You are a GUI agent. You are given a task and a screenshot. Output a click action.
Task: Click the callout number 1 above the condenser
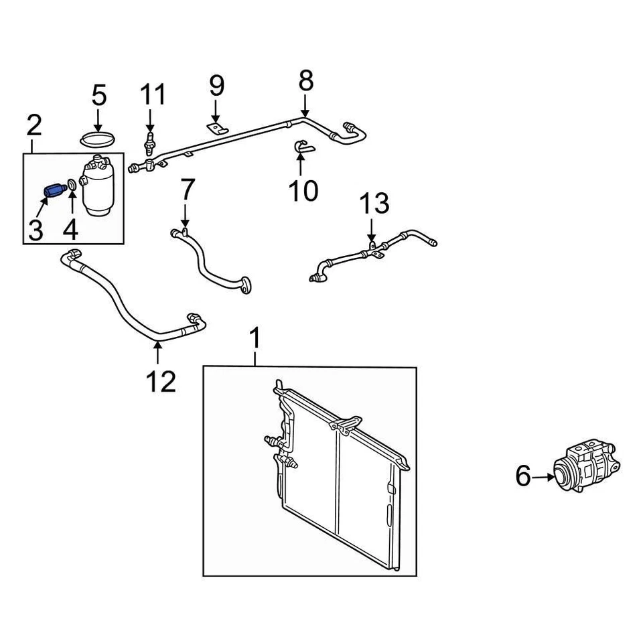[x=255, y=338]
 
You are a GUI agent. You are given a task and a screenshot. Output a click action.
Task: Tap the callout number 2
[x=34, y=125]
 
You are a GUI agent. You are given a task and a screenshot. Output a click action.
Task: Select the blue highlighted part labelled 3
[x=52, y=191]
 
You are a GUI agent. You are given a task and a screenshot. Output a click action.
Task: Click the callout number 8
[x=305, y=82]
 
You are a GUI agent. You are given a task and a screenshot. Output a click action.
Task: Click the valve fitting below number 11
[x=149, y=141]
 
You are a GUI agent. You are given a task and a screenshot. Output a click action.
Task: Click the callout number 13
[x=374, y=204]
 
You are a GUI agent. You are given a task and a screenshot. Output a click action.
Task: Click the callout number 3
[x=35, y=230]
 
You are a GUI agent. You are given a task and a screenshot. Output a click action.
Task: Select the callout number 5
[x=98, y=96]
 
